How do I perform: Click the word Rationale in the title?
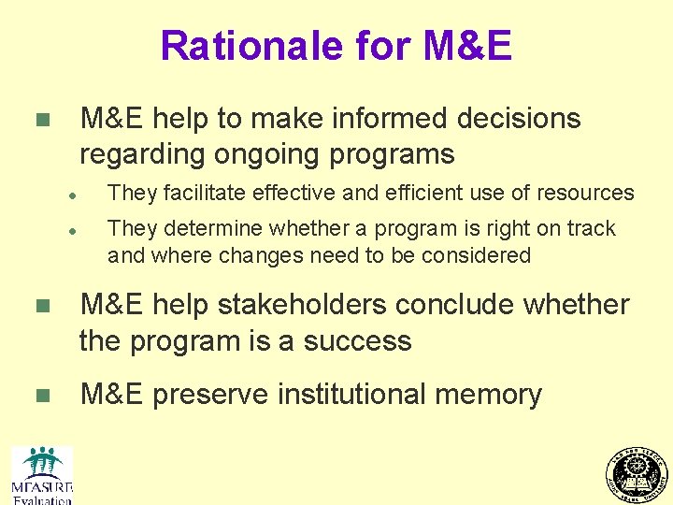pos(238,45)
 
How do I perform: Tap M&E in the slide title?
pos(467,45)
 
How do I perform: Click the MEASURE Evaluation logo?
pos(42,475)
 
